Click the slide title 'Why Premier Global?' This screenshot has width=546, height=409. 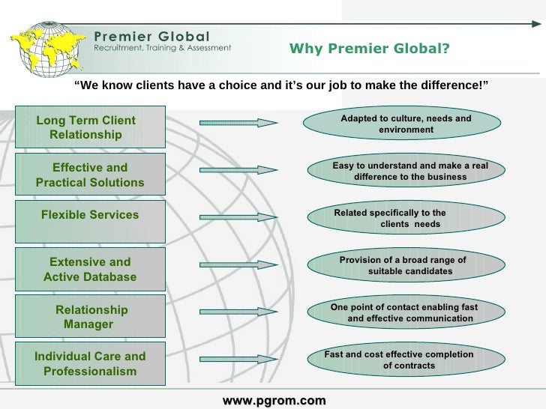click(369, 50)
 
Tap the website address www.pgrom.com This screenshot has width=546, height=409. click(274, 401)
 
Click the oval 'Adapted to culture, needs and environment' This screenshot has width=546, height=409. click(406, 124)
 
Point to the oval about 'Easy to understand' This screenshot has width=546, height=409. click(406, 171)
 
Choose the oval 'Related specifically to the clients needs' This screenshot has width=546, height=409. click(406, 218)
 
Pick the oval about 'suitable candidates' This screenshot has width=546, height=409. click(406, 266)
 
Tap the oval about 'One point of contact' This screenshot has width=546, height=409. click(406, 313)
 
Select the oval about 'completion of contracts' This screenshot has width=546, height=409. click(406, 360)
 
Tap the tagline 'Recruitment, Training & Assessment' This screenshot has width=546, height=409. click(162, 46)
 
